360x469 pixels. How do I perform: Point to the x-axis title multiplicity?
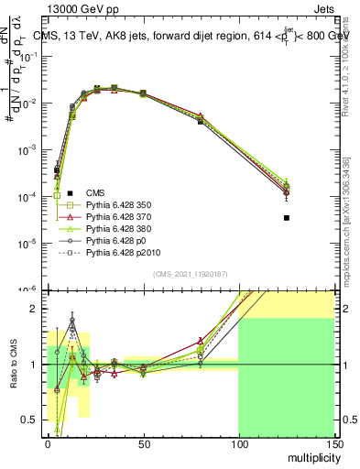(x=309, y=455)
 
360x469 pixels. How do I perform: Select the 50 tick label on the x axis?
(x=143, y=444)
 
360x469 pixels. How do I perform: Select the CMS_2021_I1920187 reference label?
(x=190, y=274)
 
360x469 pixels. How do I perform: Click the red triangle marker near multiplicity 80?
(x=201, y=116)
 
